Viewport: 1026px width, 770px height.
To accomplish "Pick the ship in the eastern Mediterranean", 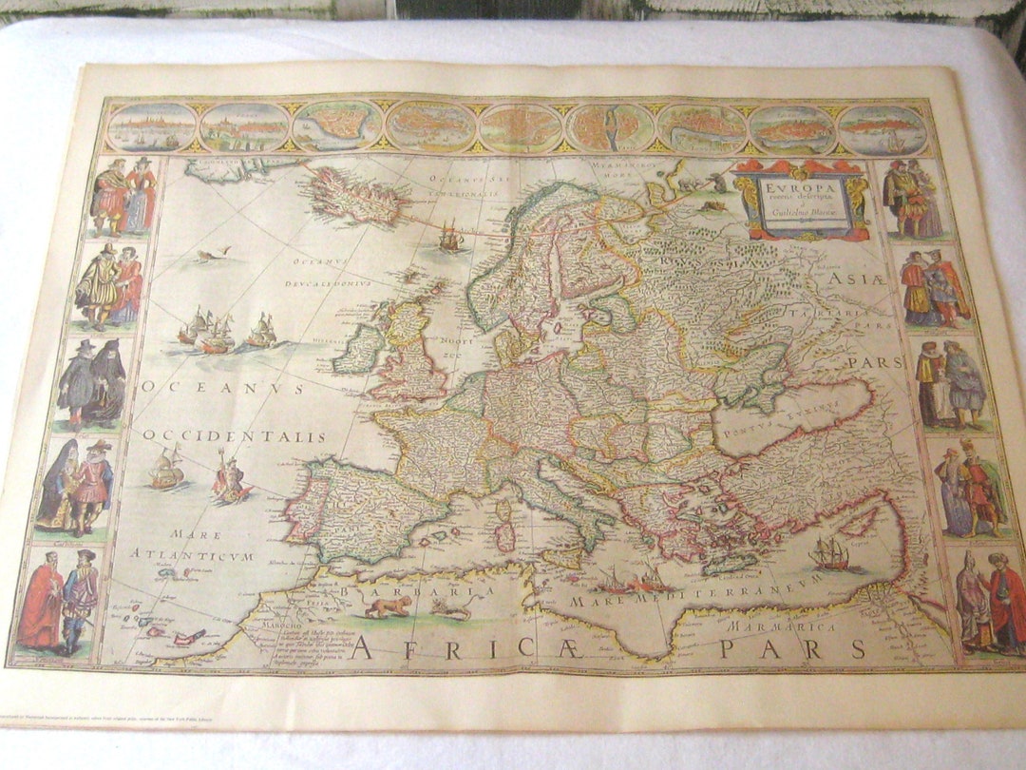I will pyautogui.click(x=829, y=554).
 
